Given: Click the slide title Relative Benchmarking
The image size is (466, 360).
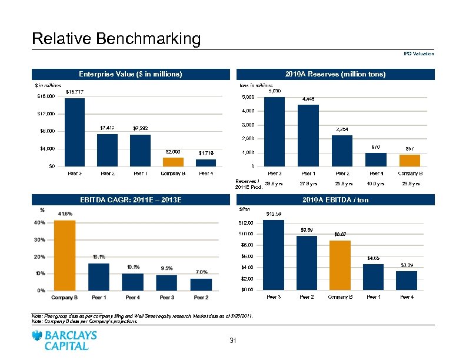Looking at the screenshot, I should click(x=116, y=39).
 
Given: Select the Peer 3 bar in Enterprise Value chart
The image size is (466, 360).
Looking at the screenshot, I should click(x=75, y=132).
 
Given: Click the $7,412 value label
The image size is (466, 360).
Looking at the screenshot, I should click(x=107, y=127).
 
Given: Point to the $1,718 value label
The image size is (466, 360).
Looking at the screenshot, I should click(x=206, y=153).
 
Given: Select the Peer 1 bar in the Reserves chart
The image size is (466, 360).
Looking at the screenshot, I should click(x=308, y=135).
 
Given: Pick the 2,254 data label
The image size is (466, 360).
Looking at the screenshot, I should click(x=341, y=129).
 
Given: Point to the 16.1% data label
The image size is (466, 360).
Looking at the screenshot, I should click(x=99, y=256).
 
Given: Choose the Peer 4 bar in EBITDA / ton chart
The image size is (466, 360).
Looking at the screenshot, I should click(x=407, y=280).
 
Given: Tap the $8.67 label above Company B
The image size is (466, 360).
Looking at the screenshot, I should click(x=340, y=234).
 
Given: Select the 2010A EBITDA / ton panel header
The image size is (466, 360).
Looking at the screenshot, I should click(x=335, y=200).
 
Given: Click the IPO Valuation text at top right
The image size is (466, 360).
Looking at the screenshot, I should click(x=418, y=54).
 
